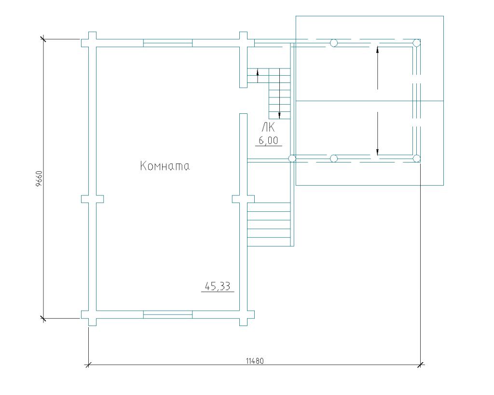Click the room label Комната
point(165,166)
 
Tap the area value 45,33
point(218,286)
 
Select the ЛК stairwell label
point(268,127)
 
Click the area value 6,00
point(268,140)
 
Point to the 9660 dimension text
point(39,179)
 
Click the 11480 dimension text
point(255,361)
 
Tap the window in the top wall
point(167,43)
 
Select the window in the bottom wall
point(167,314)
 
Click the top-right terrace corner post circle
point(416,43)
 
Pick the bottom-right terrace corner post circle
point(416,159)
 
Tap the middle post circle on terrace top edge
point(334,43)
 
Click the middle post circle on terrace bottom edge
point(334,159)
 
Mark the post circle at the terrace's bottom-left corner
point(292,159)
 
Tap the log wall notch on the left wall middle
point(92,199)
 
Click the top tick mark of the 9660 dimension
point(43,39)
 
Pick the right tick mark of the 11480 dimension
point(420,365)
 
